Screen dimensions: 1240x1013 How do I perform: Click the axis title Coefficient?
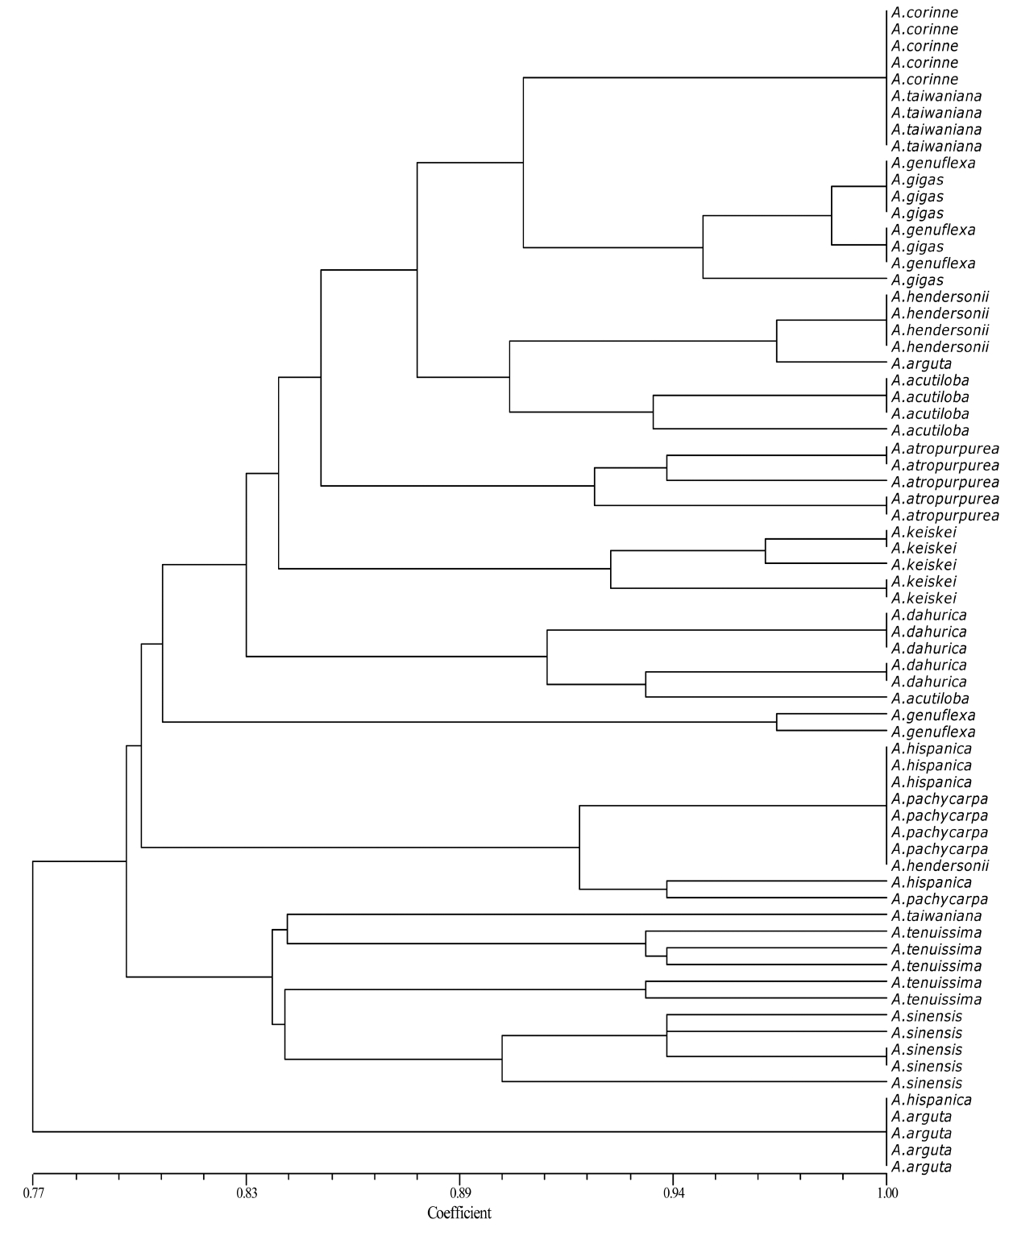click(459, 1213)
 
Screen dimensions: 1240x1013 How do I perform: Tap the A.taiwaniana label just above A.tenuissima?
click(936, 916)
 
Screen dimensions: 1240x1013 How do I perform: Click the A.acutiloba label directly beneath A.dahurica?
click(930, 699)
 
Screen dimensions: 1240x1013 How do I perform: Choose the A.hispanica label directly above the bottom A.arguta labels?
click(932, 1100)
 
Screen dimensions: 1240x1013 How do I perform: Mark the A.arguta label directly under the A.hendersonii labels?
click(922, 364)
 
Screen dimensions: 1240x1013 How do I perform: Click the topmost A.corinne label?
click(925, 13)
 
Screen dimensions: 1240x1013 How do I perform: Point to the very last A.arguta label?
click(922, 1167)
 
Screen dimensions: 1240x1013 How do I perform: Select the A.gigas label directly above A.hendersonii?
click(918, 280)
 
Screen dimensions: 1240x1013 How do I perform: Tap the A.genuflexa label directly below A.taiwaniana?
click(933, 164)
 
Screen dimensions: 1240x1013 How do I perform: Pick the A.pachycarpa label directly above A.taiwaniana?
click(940, 899)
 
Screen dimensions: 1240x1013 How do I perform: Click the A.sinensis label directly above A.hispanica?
click(927, 1083)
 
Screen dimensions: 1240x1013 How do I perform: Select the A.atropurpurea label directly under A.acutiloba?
click(945, 448)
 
